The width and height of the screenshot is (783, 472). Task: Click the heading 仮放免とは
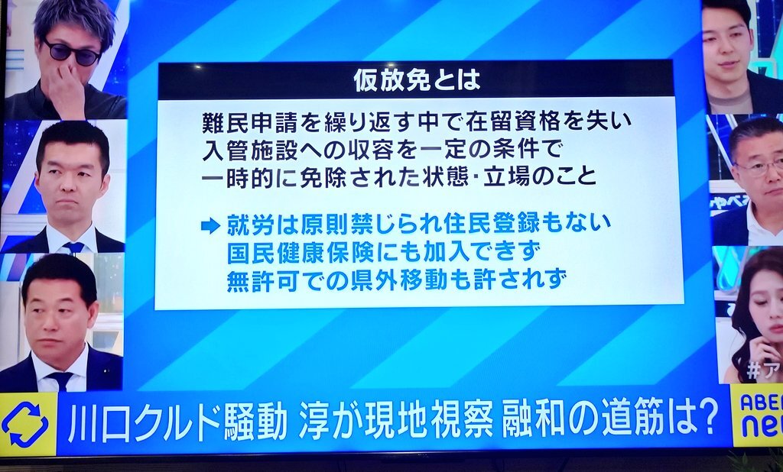click(417, 80)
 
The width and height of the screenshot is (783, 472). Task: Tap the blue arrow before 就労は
click(210, 225)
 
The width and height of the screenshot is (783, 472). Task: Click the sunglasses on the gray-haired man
click(73, 53)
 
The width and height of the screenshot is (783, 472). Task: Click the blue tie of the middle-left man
click(73, 247)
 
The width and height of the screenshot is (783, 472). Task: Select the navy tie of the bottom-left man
click(60, 380)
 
